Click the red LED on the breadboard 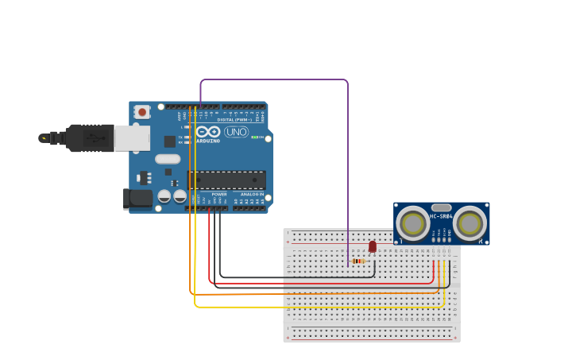point(372,247)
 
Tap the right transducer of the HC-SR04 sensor point(470,223)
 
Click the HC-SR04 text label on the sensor point(441,216)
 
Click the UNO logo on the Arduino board point(236,132)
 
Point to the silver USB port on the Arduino point(132,138)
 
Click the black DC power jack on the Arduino point(138,199)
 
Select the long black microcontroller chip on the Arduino point(226,180)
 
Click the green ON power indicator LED point(255,137)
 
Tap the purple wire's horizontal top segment point(274,79)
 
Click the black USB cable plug point(89,138)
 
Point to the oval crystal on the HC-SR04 point(441,207)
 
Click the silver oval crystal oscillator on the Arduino point(168,159)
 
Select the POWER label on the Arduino point(219,194)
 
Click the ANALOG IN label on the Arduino point(252,194)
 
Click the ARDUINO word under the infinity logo point(208,141)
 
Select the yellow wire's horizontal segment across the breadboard point(318,306)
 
